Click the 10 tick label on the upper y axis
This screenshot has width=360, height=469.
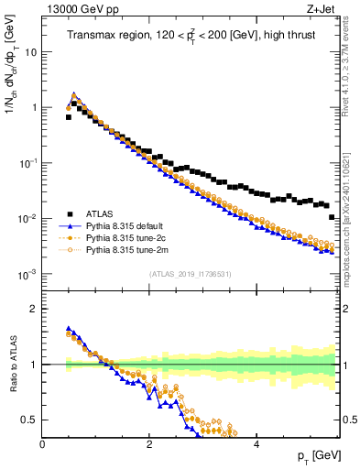[x=30, y=52]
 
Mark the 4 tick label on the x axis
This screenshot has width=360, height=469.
[x=256, y=444]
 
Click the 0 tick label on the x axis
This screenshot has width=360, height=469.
[x=43, y=444]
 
